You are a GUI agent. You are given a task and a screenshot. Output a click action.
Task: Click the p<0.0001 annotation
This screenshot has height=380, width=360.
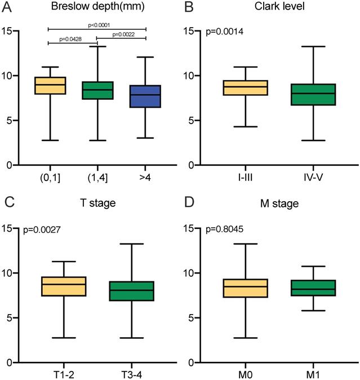point(97,24)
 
